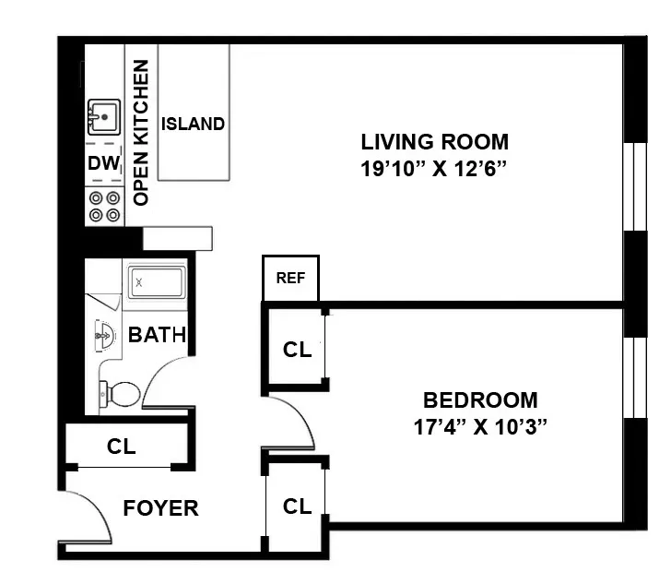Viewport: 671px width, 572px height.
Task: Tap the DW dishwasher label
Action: tap(104, 163)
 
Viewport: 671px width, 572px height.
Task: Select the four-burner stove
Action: tap(104, 207)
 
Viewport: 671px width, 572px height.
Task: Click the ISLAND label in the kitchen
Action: tap(193, 124)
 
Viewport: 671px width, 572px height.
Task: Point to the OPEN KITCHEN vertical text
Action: tap(141, 133)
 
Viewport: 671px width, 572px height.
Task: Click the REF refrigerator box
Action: tap(290, 278)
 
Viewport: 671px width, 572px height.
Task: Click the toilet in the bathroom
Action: tap(120, 395)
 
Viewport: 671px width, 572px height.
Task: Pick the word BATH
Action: tap(157, 335)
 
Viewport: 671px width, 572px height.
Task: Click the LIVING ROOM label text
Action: tap(434, 142)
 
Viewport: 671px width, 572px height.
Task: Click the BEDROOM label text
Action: tap(479, 400)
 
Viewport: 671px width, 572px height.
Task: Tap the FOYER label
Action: tap(160, 508)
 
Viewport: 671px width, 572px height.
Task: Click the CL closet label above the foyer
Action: tap(121, 447)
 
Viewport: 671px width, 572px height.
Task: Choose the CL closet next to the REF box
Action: tap(297, 350)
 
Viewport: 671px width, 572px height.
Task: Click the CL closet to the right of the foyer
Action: tap(297, 506)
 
